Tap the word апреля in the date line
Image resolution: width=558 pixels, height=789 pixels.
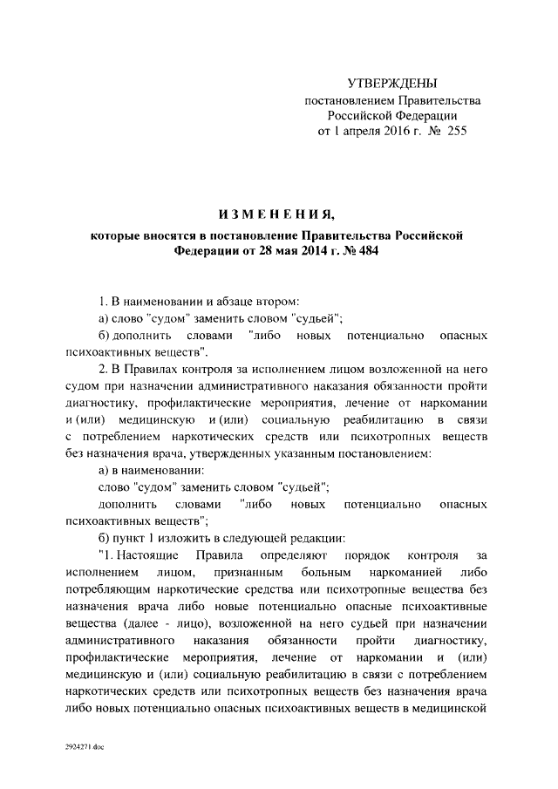[x=356, y=132]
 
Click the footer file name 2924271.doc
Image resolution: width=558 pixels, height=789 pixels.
[x=85, y=747]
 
